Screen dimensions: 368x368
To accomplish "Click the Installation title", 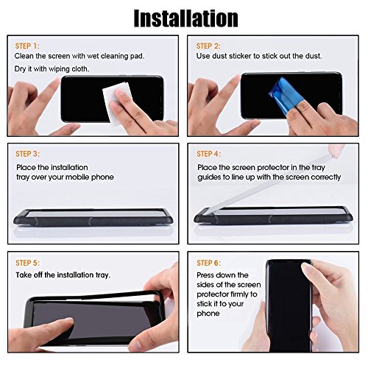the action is [185, 18].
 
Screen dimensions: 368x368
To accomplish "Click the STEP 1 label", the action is [27, 46].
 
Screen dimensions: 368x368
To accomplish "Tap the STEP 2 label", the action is [208, 46].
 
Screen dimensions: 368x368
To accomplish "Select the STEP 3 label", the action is [27, 154].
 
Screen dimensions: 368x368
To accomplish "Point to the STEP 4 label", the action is [208, 154].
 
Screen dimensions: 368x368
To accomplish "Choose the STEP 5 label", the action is [27, 263].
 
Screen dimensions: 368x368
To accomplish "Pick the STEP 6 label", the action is [208, 263].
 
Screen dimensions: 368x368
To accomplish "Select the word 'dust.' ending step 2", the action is [314, 56].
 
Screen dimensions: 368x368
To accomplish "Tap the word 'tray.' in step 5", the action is [103, 275].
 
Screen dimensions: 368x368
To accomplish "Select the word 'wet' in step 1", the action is [93, 56].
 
